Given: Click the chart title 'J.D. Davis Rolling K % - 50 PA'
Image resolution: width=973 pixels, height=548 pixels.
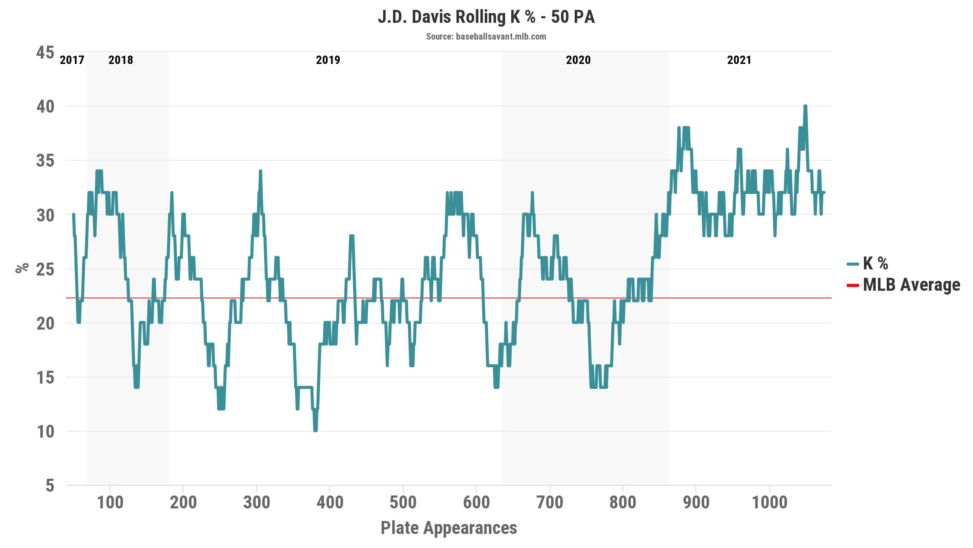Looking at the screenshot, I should coord(486,18).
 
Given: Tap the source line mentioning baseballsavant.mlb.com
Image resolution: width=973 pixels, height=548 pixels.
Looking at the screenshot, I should coord(486,37).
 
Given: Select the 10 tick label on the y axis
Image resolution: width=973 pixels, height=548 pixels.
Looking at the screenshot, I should coord(45,432).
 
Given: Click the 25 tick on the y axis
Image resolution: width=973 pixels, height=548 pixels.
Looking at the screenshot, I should coord(45,269).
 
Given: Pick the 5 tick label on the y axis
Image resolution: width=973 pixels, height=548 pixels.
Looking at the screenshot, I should coord(50,486).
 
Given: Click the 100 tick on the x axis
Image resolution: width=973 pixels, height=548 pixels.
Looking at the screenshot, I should coord(110,502).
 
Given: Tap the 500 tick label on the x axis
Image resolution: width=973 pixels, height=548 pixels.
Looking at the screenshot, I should coord(403,502).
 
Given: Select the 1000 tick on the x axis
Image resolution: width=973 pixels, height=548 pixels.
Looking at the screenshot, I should coord(770,502).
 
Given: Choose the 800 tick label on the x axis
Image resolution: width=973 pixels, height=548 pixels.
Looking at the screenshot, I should coord(623,502).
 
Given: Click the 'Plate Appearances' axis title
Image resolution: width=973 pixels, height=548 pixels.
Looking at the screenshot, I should coord(449,528).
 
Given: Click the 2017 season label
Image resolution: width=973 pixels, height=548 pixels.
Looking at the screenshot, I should coord(72,60).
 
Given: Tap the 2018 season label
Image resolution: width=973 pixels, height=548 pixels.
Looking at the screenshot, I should coord(121,60).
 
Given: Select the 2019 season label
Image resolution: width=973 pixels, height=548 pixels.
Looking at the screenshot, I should coord(328,60).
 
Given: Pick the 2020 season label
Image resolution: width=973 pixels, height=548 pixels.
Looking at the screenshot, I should coord(578,60).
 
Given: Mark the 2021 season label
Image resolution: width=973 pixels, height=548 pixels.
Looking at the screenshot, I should coord(739,60).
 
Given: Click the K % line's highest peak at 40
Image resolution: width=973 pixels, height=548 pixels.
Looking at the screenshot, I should coord(805,106).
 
